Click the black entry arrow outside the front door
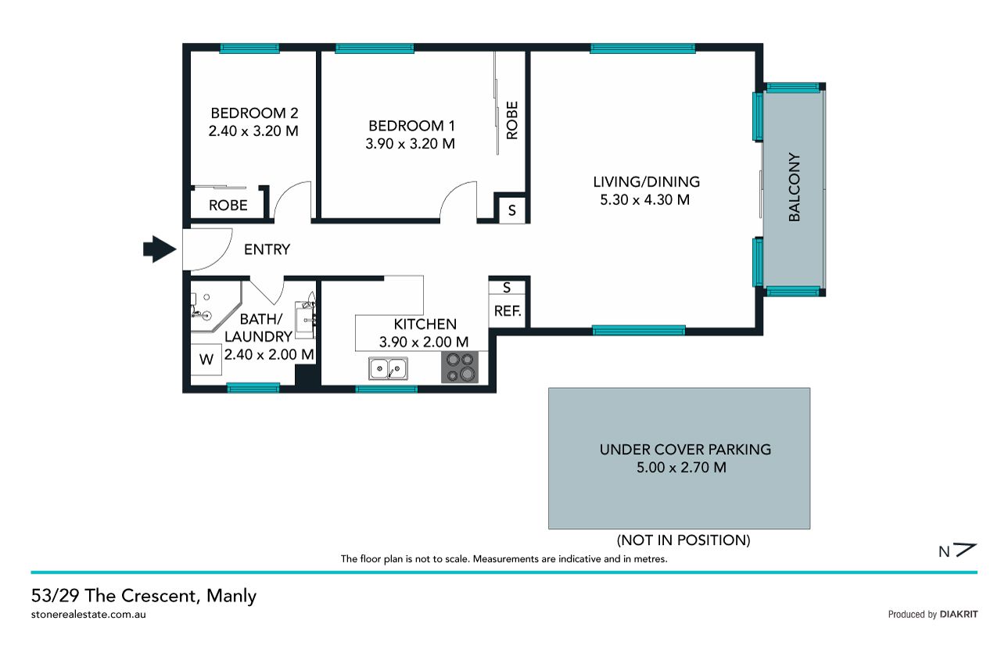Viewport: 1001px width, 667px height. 160,249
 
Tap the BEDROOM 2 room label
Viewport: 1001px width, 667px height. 254,113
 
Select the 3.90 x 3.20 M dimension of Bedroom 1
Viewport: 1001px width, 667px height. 411,144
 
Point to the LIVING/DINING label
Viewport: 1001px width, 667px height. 646,182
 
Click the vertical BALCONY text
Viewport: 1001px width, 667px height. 794,187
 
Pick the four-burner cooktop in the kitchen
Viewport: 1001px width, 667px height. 460,368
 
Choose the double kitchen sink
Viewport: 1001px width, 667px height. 388,368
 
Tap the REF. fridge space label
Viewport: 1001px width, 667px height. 508,311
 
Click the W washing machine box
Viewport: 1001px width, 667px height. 206,359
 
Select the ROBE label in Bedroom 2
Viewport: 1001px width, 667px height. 228,206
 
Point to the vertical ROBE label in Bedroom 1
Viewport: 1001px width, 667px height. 512,120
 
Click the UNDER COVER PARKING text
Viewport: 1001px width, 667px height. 685,450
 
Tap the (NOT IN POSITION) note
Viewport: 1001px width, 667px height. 683,540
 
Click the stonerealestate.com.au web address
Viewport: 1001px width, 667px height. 88,615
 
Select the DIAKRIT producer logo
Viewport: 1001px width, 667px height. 959,615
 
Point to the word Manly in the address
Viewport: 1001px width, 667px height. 231,596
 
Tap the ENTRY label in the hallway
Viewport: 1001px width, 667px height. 267,249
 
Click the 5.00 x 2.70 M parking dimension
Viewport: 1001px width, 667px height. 681,468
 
